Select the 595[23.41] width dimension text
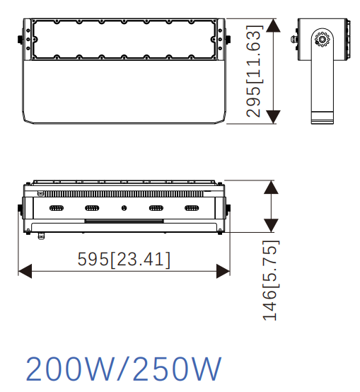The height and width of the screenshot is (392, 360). tap(124, 260)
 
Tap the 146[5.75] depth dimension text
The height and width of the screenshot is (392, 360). tap(270, 281)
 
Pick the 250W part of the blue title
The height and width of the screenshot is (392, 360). tap(173, 370)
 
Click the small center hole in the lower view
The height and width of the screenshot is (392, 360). tap(124, 208)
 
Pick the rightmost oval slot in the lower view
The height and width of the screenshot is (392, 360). tap(192, 208)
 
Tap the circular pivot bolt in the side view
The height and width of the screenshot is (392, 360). tap(323, 41)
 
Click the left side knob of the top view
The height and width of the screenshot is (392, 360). tap(20, 40)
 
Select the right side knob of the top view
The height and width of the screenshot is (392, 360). tap(228, 40)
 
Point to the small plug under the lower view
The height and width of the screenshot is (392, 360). tap(42, 235)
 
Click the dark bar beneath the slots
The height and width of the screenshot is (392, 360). tap(124, 221)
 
